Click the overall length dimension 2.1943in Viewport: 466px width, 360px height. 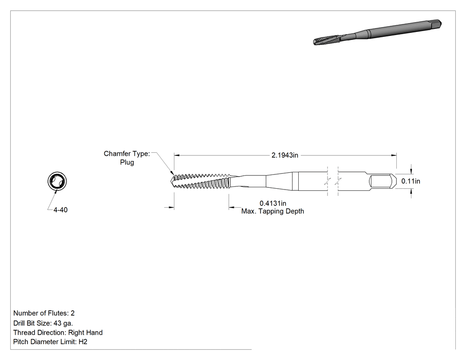click(x=285, y=155)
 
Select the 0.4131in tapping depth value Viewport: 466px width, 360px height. click(x=273, y=203)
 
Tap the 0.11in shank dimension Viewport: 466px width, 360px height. click(x=411, y=181)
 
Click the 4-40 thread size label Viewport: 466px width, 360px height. click(x=60, y=210)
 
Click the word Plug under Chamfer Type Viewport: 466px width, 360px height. click(x=127, y=162)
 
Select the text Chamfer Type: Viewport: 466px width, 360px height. click(x=127, y=154)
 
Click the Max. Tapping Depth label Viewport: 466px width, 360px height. click(x=272, y=211)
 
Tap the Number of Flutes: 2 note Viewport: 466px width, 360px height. click(x=44, y=313)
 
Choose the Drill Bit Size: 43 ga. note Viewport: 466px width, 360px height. click(x=43, y=323)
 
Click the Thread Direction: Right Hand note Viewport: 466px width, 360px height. click(x=58, y=332)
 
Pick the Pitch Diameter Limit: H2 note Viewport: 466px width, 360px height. click(x=50, y=342)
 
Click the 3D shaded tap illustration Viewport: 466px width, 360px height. click(x=377, y=32)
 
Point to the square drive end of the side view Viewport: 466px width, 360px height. click(x=383, y=181)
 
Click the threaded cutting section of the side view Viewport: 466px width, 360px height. click(x=202, y=181)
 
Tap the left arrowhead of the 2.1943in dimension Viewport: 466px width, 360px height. click(x=177, y=155)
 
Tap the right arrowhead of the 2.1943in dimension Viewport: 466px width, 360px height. click(x=394, y=155)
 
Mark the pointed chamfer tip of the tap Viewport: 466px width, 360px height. click(x=171, y=181)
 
